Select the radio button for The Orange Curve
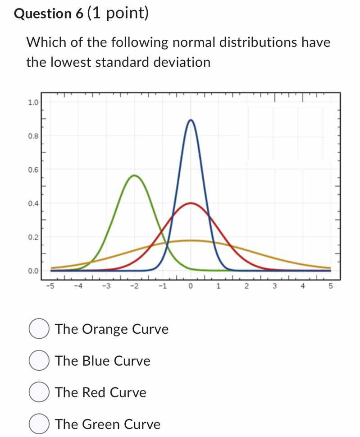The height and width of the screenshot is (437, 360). click(x=39, y=329)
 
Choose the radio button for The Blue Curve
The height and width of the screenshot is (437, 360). click(x=39, y=361)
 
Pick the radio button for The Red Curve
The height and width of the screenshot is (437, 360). click(x=39, y=392)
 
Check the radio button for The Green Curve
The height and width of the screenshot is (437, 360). click(x=39, y=424)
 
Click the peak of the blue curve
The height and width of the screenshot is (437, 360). click(x=191, y=120)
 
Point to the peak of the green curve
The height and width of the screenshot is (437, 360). click(x=134, y=175)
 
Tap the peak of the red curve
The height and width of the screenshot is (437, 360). click(x=191, y=203)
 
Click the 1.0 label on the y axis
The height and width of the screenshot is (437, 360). click(x=33, y=102)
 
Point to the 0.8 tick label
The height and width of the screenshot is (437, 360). click(x=33, y=135)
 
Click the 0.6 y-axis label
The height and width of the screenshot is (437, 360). click(x=33, y=170)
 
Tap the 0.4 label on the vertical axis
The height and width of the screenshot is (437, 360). click(x=33, y=203)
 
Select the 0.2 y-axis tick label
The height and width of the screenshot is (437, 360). click(x=33, y=237)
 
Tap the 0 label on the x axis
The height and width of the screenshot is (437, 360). click(x=191, y=286)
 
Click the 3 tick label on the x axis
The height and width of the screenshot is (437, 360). click(x=274, y=286)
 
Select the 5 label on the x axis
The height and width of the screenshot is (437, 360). click(x=330, y=286)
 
